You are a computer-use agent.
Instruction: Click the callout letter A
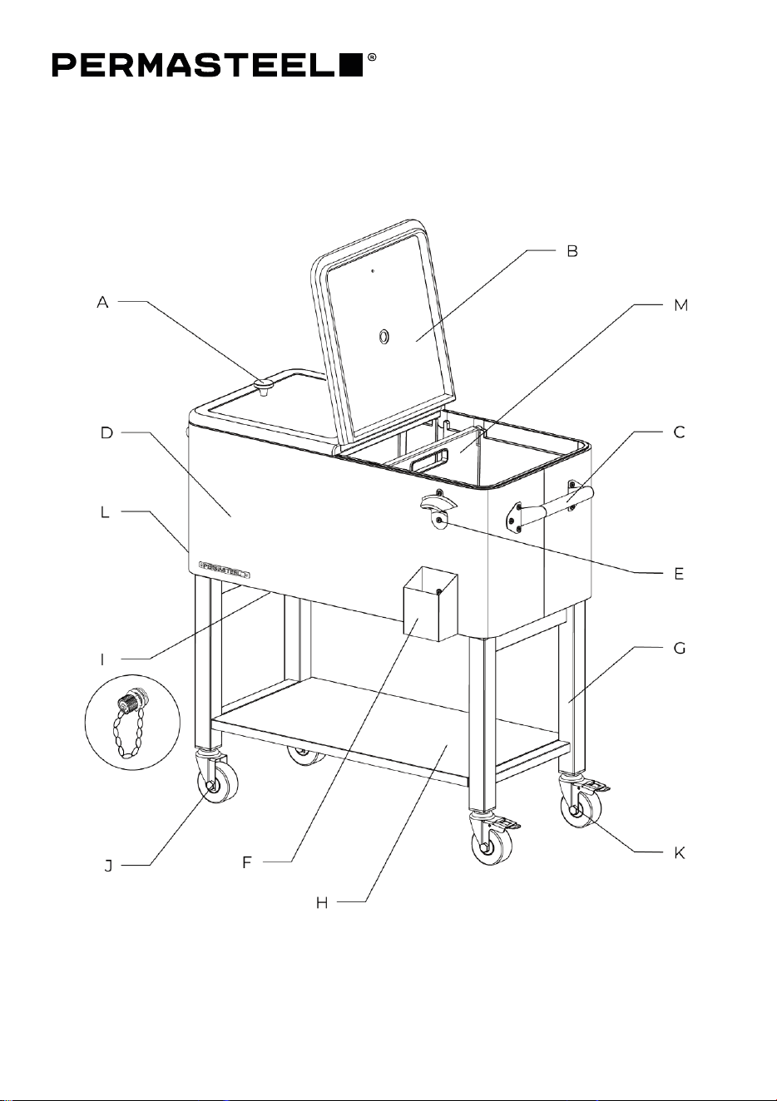(x=103, y=303)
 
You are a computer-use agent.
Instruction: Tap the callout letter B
(x=572, y=251)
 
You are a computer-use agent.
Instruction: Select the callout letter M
(x=681, y=305)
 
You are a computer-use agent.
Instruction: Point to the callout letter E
(x=679, y=574)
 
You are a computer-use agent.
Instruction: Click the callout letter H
(x=322, y=903)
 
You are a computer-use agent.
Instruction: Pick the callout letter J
(x=108, y=866)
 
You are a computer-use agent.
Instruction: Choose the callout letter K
(x=680, y=853)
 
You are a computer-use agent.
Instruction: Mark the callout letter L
(x=105, y=512)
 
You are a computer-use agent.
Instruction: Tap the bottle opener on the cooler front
(x=438, y=508)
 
